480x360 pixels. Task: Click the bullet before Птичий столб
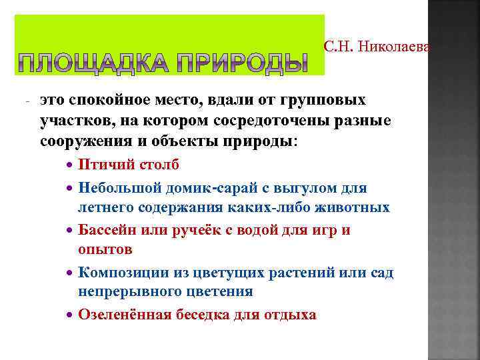(71, 165)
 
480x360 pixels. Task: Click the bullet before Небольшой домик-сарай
(71, 189)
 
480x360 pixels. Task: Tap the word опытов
(105, 249)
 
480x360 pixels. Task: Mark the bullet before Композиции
(71, 272)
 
